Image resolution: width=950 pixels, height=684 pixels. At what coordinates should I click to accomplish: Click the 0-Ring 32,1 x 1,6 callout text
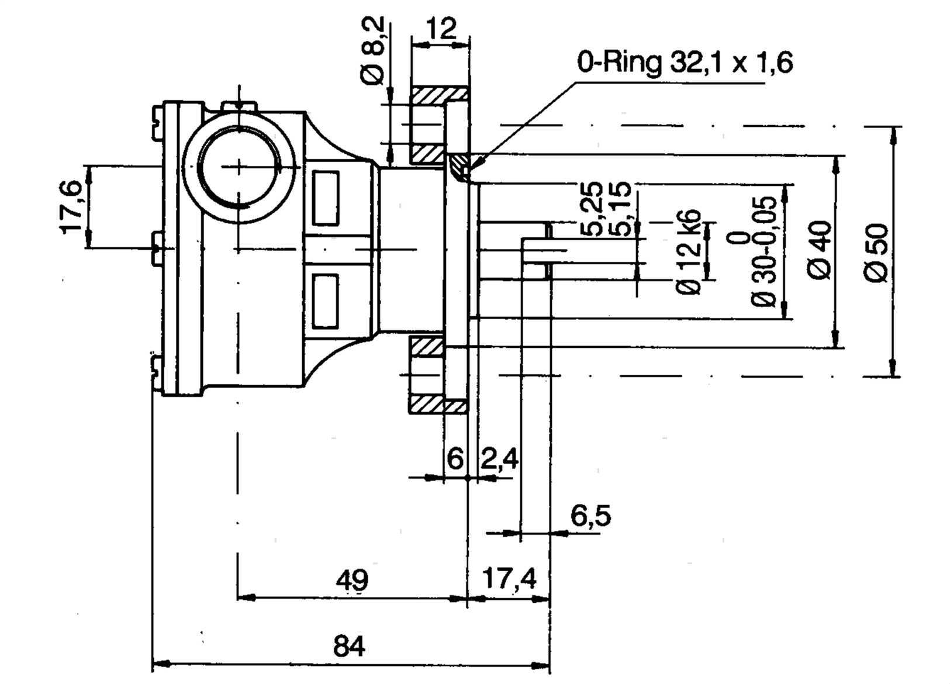click(x=685, y=62)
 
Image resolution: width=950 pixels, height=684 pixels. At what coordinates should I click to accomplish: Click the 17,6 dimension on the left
click(x=72, y=206)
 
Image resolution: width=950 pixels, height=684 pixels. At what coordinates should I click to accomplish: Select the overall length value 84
click(x=350, y=647)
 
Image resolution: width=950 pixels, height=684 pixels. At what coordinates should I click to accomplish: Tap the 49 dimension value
click(x=353, y=581)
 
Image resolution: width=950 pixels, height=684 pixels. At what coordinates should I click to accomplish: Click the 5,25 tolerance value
click(x=592, y=208)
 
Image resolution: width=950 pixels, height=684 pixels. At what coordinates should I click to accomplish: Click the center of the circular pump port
click(x=239, y=167)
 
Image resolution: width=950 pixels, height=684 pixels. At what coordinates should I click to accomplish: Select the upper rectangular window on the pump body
click(x=326, y=198)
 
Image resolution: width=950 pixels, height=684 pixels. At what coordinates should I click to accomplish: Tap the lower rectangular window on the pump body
click(x=326, y=302)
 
